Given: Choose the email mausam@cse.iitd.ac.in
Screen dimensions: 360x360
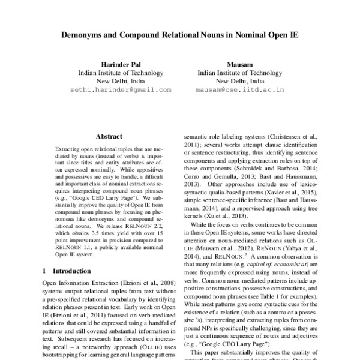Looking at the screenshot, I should pyautogui.click(x=239, y=89).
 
